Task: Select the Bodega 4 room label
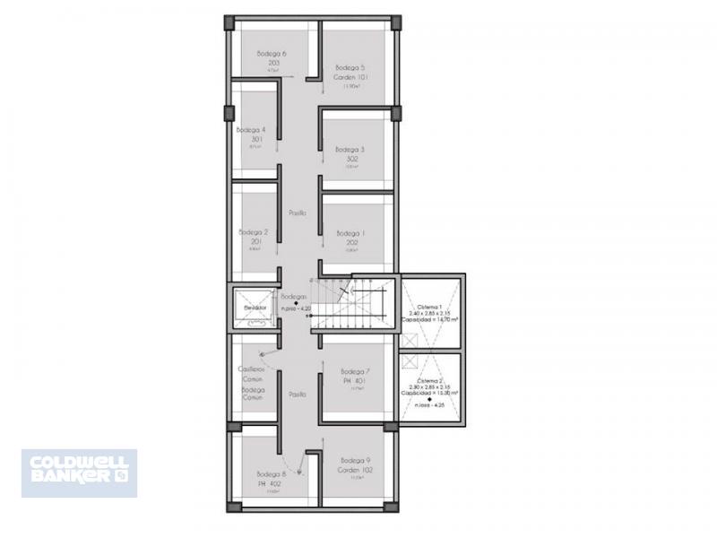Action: (250, 134)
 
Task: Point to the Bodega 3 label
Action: (350, 154)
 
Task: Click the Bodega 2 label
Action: (250, 237)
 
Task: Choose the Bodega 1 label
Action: (351, 237)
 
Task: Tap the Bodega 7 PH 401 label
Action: (355, 377)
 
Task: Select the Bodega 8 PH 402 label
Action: (271, 479)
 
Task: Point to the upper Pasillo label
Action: (298, 213)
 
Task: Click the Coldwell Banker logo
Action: (79, 473)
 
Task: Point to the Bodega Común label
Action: (254, 395)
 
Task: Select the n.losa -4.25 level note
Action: (428, 405)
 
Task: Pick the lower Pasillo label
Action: (298, 395)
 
